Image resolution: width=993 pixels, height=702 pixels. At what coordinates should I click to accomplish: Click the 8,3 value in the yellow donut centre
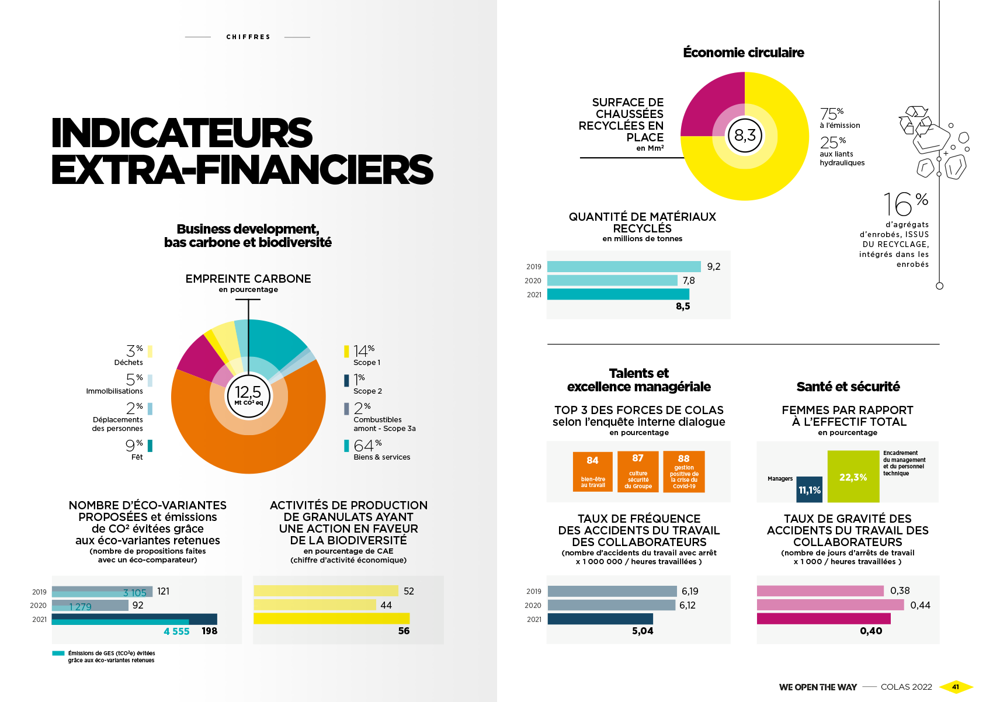[x=745, y=135]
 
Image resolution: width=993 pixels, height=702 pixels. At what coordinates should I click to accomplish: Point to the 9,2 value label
[x=714, y=266]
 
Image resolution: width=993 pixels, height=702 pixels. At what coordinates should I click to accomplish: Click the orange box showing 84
[x=592, y=471]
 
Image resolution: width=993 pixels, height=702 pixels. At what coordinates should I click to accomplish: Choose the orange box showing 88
[x=684, y=471]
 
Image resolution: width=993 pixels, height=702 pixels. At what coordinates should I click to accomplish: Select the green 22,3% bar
[x=853, y=477]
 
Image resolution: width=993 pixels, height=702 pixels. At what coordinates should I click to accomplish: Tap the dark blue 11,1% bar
[x=810, y=489]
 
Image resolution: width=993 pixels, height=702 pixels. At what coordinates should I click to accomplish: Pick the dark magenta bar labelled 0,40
[x=824, y=618]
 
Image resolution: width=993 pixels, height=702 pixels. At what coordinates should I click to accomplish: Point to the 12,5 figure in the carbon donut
[x=248, y=392]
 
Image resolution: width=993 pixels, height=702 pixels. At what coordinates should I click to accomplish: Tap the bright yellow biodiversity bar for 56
[x=331, y=618]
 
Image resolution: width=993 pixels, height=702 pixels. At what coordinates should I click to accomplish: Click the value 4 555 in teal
[x=176, y=631]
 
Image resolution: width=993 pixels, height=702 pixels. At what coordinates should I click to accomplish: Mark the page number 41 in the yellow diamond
[x=956, y=687]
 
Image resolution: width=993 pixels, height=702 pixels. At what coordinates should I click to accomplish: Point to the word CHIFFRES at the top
[x=248, y=37]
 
